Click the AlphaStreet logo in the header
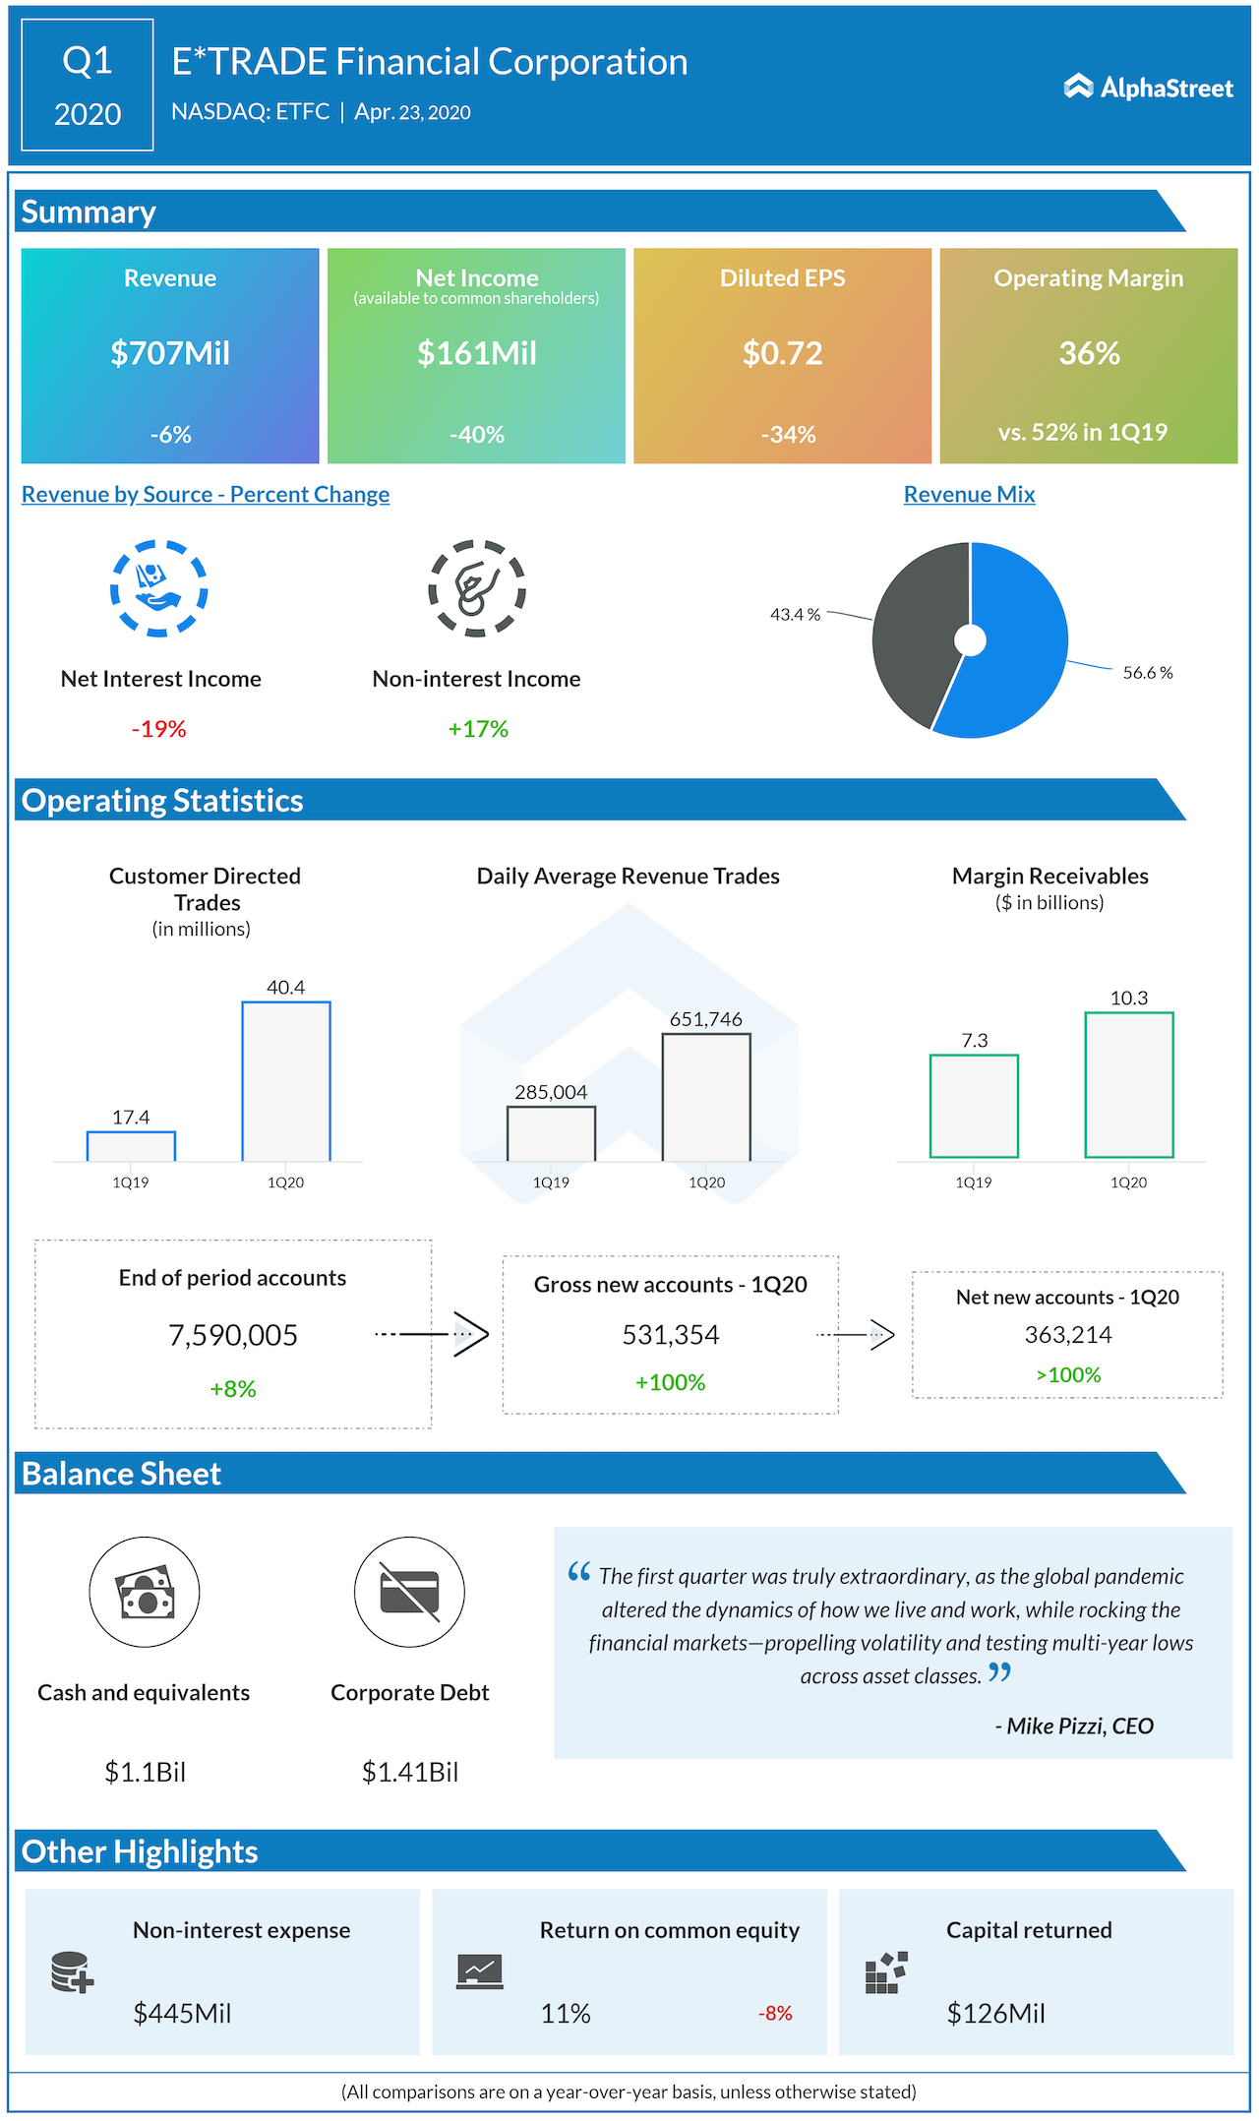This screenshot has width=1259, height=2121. [1148, 88]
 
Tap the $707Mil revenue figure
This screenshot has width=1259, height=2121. [170, 353]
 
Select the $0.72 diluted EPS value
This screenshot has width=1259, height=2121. [782, 353]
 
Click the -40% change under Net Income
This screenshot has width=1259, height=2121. [477, 435]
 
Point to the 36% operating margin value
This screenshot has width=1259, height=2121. [1089, 353]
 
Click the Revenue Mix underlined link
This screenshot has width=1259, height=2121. [969, 495]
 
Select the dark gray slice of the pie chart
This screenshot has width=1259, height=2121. [915, 630]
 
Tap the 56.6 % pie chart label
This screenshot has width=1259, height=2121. [1147, 673]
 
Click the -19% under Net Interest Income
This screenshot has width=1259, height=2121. [159, 729]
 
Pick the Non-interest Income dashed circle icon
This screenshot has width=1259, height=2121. [477, 588]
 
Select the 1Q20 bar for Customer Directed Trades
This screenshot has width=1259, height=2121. [286, 1081]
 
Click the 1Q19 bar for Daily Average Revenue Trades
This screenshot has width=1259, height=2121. [551, 1133]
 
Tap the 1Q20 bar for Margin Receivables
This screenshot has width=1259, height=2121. [1129, 1084]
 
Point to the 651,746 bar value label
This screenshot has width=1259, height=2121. [705, 1019]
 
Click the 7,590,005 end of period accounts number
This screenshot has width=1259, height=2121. [233, 1335]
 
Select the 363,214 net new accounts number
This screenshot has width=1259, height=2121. [1068, 1335]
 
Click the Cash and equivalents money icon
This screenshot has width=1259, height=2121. [145, 1592]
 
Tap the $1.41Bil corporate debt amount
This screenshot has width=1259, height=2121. [410, 1772]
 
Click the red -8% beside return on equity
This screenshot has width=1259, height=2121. [775, 2014]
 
